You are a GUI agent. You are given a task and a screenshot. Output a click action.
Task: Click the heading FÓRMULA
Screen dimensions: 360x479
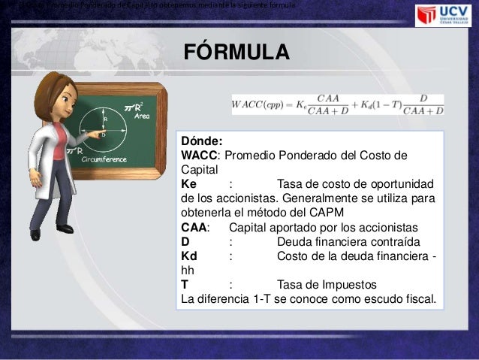click(236, 54)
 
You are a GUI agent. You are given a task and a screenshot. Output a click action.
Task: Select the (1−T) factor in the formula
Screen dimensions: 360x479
click(373, 104)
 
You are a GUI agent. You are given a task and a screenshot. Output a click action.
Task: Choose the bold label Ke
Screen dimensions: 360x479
click(189, 184)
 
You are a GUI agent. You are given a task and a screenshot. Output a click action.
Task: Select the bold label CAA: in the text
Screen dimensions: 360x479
click(196, 228)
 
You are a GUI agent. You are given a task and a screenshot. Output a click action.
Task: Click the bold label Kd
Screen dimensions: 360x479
click(189, 256)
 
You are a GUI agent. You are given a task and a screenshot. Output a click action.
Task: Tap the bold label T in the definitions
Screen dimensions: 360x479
click(185, 284)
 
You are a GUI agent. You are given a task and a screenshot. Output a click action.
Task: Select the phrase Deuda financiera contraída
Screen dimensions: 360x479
click(348, 241)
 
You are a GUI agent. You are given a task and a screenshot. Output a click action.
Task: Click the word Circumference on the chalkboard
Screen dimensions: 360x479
click(104, 160)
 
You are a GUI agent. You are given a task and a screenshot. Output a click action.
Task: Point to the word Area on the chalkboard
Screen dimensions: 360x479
click(142, 116)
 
